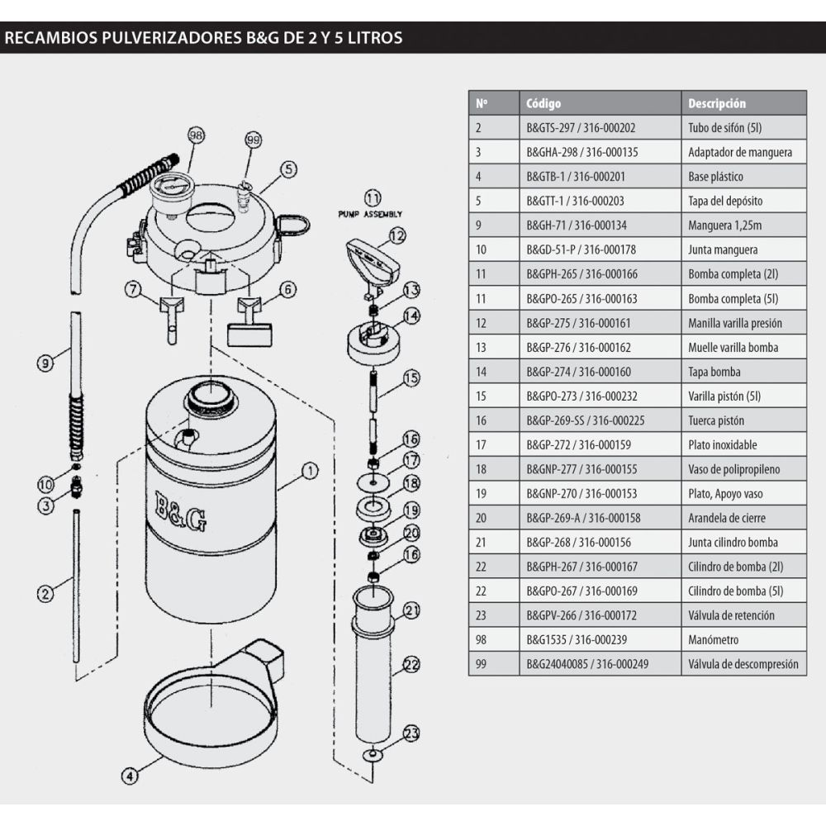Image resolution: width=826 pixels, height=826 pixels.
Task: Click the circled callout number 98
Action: pos(196,135)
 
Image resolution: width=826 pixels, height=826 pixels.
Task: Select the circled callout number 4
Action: pos(128,776)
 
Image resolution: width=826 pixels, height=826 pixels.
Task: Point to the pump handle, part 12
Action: pos(372,259)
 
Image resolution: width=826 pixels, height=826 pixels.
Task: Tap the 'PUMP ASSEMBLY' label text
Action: pos(370,213)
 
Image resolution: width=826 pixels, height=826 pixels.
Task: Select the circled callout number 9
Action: pos(45,361)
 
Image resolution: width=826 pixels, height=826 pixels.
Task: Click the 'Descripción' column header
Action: pos(716,103)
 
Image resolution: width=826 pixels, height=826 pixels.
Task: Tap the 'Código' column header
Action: pos(543,103)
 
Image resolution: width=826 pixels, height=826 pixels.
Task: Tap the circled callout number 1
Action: pos(309,471)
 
